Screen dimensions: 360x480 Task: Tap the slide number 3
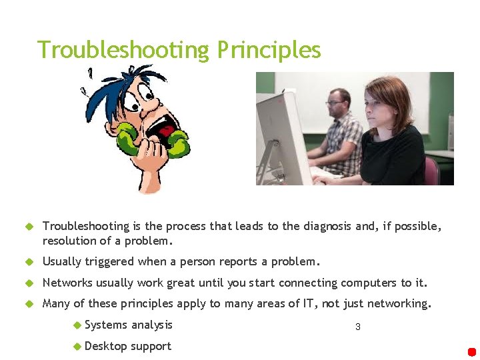pyautogui.click(x=358, y=327)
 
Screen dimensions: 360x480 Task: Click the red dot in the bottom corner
pyautogui.click(x=472, y=351)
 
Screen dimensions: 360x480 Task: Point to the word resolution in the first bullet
pyautogui.click(x=71, y=241)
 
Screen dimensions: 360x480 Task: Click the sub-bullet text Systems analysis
pyautogui.click(x=129, y=325)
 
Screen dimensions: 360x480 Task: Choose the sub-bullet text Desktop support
pyautogui.click(x=128, y=346)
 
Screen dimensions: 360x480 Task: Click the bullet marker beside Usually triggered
pyautogui.click(x=29, y=262)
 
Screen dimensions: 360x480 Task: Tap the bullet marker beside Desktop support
pyautogui.click(x=77, y=347)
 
